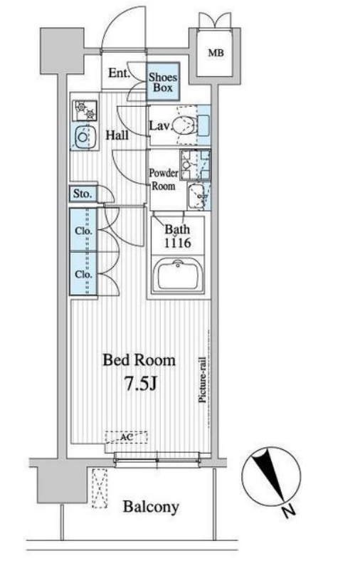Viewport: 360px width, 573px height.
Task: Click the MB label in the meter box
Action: (216, 53)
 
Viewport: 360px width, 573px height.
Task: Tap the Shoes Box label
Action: (163, 83)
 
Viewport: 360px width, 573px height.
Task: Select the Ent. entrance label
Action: (119, 73)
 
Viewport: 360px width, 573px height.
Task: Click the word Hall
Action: (117, 135)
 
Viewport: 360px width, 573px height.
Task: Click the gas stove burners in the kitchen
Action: (85, 110)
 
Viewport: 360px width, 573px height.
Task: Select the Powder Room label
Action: (163, 179)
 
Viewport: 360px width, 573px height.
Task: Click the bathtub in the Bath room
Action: (178, 275)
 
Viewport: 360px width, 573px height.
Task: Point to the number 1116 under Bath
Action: (177, 243)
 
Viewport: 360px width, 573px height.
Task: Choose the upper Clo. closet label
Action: (84, 231)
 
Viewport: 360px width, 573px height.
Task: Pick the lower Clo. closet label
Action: (84, 275)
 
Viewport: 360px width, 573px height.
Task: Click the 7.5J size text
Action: (141, 384)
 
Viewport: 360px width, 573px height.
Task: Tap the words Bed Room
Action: (139, 360)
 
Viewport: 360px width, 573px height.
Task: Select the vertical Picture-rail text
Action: (203, 380)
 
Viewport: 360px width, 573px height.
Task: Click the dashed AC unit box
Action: (127, 437)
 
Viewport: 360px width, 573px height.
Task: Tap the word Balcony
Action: (151, 508)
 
